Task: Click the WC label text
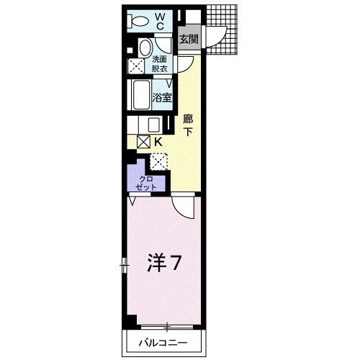[161, 21]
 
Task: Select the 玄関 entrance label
[189, 40]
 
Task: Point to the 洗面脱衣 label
[159, 64]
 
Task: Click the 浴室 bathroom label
[162, 96]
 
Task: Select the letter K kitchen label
[157, 143]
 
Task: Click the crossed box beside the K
[143, 143]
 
